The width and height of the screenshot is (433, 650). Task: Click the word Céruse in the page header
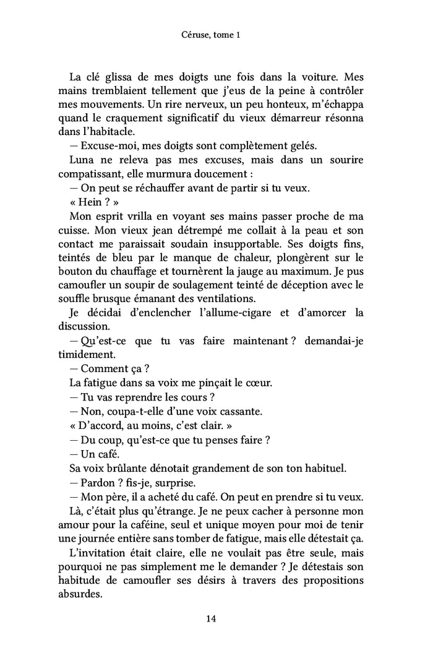pyautogui.click(x=187, y=36)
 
